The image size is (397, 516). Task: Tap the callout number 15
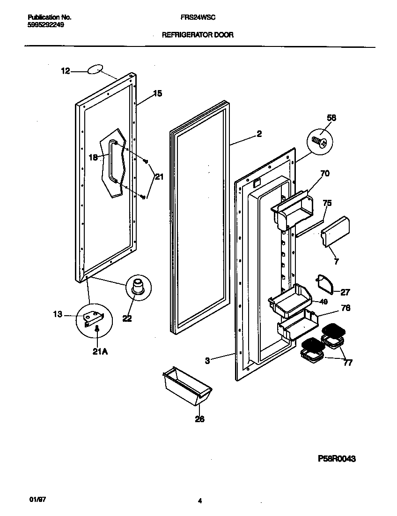158,94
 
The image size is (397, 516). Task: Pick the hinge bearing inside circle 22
138,286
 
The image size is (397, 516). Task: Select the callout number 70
325,174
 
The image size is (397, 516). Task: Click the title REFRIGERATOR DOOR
198,35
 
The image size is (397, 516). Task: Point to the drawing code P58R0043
333,459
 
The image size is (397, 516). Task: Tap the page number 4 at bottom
199,501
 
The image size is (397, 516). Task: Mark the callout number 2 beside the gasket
259,134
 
